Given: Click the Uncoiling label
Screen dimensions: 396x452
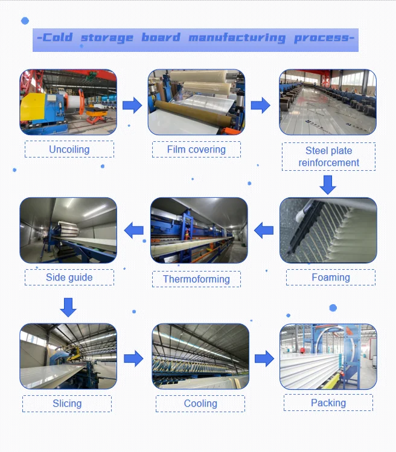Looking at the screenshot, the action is coord(69,149).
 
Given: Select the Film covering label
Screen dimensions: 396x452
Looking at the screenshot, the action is coord(196,149).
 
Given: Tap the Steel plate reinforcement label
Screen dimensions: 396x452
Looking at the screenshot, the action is coord(328,156).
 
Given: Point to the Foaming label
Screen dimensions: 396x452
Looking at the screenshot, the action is coord(330,278).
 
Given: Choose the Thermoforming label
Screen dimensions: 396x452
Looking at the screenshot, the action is coord(196,279).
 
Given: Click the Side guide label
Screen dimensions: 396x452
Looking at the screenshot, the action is coord(69,278).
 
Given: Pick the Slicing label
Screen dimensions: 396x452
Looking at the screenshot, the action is coord(67,403).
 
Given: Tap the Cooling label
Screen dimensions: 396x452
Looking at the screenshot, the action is coord(200,404).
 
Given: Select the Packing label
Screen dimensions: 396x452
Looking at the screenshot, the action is coord(328,403).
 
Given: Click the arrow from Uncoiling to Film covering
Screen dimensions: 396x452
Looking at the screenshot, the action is coord(132,106).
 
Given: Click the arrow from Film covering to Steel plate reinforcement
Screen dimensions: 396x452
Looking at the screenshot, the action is coord(260,105).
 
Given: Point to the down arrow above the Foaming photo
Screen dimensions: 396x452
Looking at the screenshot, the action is coord(328,185).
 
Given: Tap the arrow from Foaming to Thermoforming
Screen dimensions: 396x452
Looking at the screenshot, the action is coord(264,230).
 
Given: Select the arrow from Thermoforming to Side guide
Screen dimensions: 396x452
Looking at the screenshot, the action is coord(134,230).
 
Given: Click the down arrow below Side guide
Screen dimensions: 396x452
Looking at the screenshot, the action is coord(68,307).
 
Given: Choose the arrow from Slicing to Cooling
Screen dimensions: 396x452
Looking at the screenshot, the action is coord(133,358).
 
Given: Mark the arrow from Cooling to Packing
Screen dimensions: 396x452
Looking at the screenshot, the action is coord(264,358).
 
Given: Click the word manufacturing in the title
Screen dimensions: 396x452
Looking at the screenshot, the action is coord(237,38).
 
